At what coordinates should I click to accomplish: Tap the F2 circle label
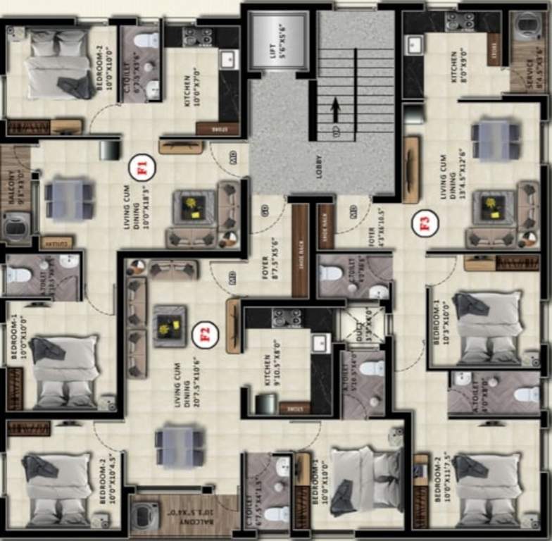[203, 333]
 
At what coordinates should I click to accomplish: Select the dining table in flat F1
[68, 199]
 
